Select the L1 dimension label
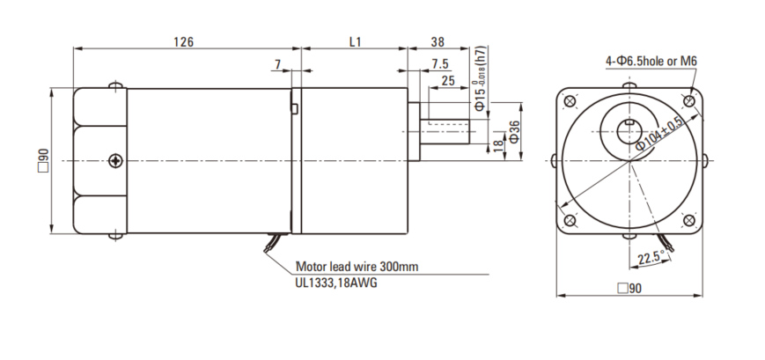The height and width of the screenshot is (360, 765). click(355, 41)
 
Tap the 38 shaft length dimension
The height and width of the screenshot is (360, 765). click(438, 41)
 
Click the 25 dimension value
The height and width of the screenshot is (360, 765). click(447, 81)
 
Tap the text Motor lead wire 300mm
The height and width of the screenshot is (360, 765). click(357, 265)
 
